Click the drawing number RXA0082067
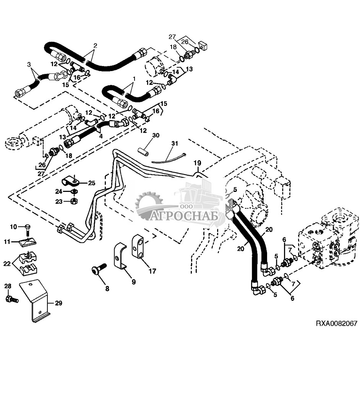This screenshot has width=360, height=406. (336, 323)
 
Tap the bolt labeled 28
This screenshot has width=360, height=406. (10, 299)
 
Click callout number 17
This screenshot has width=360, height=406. (152, 271)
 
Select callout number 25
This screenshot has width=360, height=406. (92, 183)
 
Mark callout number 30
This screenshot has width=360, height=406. (156, 135)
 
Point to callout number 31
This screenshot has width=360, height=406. (175, 143)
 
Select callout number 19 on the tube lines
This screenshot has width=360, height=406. (196, 163)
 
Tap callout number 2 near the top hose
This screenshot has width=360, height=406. (95, 45)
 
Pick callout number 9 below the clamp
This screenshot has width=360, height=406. (133, 282)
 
